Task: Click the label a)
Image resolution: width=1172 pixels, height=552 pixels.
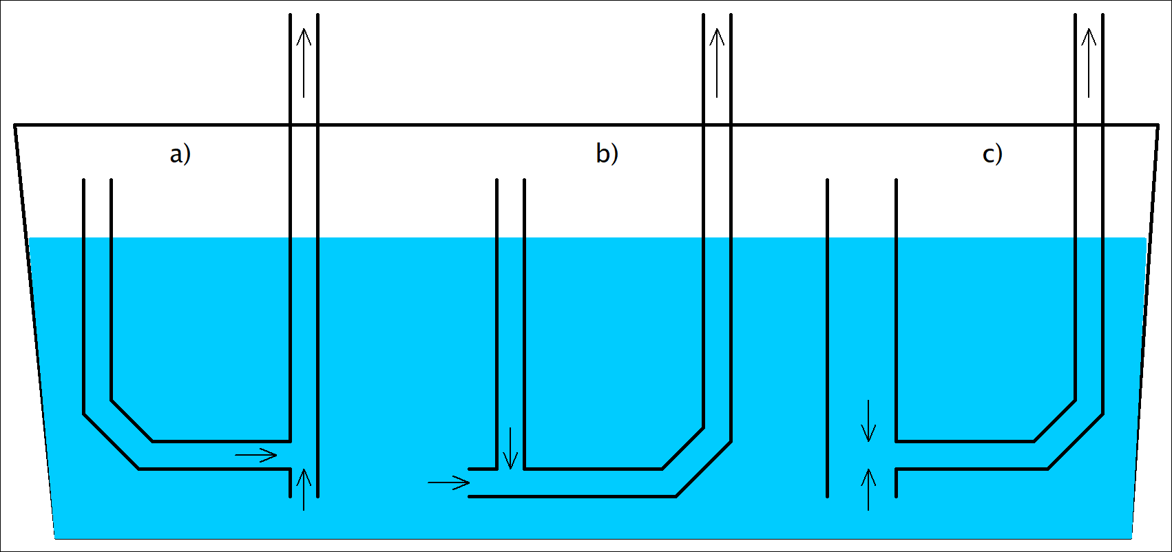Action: (x=180, y=153)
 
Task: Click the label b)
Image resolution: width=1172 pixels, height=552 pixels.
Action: (x=607, y=153)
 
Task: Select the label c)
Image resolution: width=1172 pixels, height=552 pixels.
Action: (x=992, y=153)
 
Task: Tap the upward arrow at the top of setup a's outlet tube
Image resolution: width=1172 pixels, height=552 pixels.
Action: (x=304, y=62)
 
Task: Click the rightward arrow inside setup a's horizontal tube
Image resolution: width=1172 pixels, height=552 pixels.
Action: (x=256, y=455)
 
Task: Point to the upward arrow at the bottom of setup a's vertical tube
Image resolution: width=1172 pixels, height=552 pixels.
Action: (x=304, y=489)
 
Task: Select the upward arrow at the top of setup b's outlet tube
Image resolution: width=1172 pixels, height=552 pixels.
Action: (x=717, y=62)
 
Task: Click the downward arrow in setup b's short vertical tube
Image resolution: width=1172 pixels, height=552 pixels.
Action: (x=510, y=448)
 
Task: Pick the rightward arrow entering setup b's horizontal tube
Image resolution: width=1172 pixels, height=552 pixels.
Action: (x=448, y=482)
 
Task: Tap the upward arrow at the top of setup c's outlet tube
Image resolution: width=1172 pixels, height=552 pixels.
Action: (x=1089, y=62)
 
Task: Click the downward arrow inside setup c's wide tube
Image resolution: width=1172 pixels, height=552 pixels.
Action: (x=868, y=421)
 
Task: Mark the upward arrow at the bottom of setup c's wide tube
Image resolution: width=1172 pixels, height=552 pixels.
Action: (x=868, y=489)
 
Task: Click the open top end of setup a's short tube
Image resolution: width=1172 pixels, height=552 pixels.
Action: (x=97, y=180)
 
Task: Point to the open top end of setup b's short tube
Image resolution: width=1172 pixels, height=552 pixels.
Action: (x=510, y=180)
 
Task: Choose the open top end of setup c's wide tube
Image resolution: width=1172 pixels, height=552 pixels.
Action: (x=861, y=180)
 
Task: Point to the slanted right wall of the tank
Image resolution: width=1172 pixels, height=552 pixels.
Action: (x=1144, y=330)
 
